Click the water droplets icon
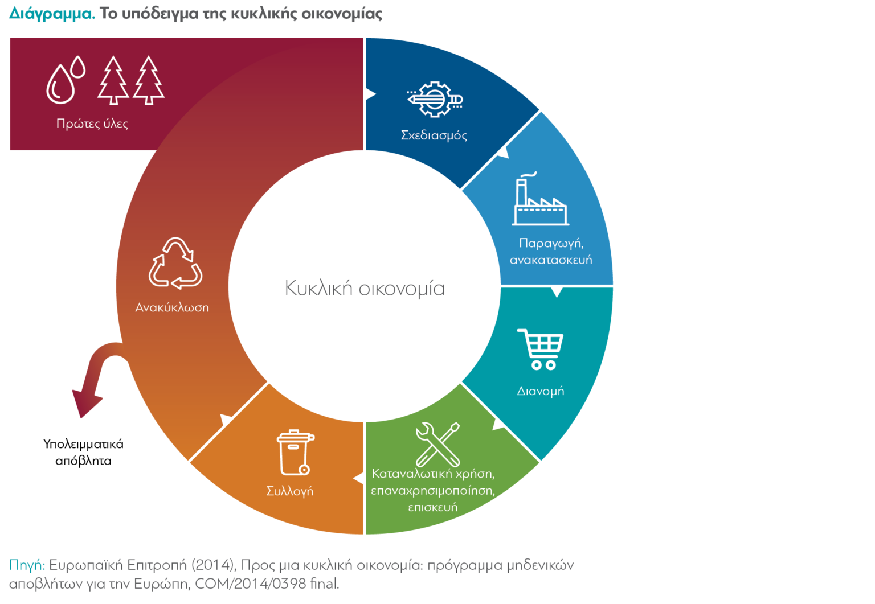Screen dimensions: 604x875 [x=65, y=80]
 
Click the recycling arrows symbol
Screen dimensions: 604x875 [x=175, y=263]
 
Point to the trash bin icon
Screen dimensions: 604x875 [x=295, y=452]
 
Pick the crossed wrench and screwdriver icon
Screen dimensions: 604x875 [x=437, y=444]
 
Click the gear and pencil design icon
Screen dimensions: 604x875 [x=435, y=99]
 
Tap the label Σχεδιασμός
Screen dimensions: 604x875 [x=434, y=135]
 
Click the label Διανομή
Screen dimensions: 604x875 [x=540, y=391]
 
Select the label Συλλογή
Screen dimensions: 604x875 [x=289, y=491]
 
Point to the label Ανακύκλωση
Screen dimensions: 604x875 [x=172, y=307]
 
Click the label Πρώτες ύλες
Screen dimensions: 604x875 [x=92, y=124]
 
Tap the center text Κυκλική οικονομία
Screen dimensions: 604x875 [x=365, y=288]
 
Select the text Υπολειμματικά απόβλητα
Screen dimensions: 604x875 [x=83, y=452]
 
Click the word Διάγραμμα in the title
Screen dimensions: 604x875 [x=52, y=14]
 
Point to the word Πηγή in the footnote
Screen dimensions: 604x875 [x=26, y=565]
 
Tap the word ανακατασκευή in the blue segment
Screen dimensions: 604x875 [x=551, y=260]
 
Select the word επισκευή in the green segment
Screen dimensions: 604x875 [x=432, y=507]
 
